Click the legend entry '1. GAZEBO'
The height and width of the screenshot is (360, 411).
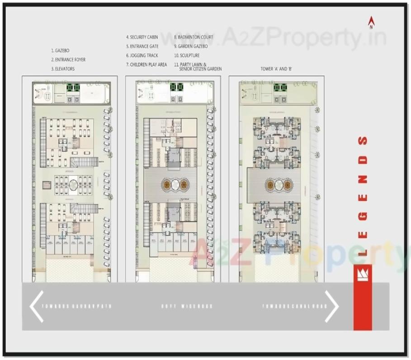tap(60, 51)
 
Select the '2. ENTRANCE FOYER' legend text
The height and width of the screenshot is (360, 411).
tap(68, 60)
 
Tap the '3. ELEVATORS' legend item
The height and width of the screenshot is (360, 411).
tap(63, 69)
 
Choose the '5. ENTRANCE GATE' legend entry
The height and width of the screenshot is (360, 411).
tap(142, 46)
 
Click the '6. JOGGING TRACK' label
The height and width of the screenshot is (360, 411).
tap(142, 55)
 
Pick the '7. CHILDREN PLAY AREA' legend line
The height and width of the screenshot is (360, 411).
tap(146, 65)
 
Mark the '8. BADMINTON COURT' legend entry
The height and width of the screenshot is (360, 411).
tap(194, 37)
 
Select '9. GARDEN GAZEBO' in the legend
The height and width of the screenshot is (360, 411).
tap(191, 46)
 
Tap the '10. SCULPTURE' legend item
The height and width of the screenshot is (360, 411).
tap(187, 55)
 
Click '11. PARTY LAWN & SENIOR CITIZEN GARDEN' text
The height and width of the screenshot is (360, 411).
tap(198, 66)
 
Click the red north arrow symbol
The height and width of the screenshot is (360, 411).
tap(372, 22)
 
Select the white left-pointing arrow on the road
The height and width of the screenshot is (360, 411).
tap(36, 306)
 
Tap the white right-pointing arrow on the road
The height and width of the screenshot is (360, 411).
tap(332, 306)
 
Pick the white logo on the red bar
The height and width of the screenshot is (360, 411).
tap(363, 275)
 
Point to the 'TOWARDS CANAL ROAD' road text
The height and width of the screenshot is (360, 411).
tap(289, 306)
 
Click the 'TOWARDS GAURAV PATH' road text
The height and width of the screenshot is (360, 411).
tap(76, 306)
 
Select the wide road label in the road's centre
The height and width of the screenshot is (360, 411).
tap(186, 306)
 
